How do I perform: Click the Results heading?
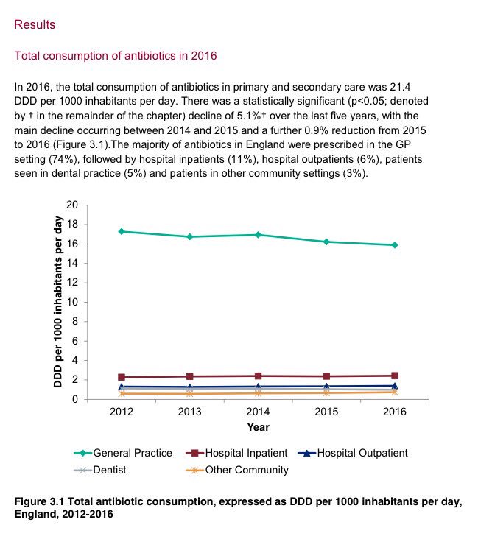click(35, 25)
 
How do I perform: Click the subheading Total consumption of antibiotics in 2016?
click(116, 56)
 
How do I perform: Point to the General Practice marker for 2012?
click(121, 231)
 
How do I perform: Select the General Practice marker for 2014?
click(258, 235)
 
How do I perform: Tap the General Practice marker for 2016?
click(395, 245)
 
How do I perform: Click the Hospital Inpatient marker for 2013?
click(189, 376)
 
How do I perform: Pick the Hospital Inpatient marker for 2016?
click(395, 376)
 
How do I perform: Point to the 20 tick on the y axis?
click(71, 205)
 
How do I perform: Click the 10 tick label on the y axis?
click(71, 302)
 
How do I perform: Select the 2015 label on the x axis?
click(326, 412)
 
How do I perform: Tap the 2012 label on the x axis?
click(121, 412)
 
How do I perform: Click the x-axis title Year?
click(258, 427)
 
